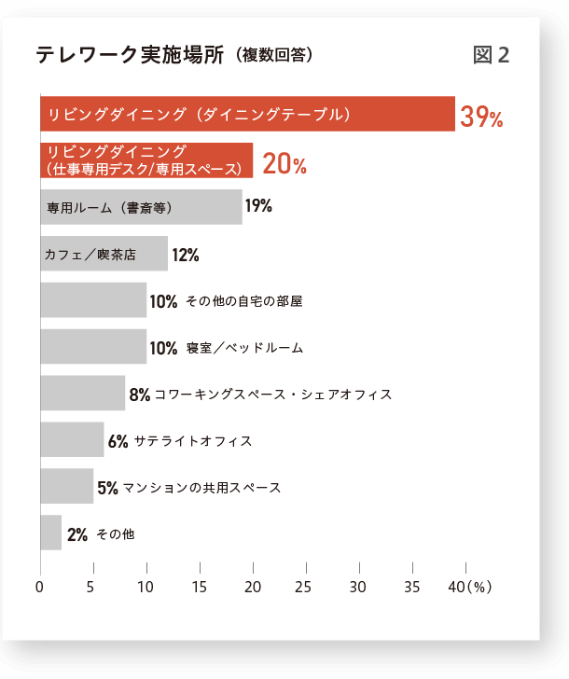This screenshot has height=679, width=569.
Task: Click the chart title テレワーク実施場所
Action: (x=130, y=55)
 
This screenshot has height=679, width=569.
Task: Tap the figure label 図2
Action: (x=492, y=55)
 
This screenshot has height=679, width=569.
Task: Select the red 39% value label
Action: (x=481, y=117)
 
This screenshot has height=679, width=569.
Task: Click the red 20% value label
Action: (x=284, y=164)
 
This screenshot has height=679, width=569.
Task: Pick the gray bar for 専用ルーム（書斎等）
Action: (x=141, y=207)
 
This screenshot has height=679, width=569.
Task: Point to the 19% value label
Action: (x=258, y=206)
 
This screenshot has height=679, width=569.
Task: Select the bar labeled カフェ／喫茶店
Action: (x=104, y=254)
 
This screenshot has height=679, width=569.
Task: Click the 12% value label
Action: (x=186, y=255)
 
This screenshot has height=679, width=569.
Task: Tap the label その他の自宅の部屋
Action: (x=244, y=301)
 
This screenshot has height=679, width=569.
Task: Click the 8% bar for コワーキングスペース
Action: (x=82, y=394)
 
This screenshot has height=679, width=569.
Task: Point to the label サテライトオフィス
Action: (x=193, y=441)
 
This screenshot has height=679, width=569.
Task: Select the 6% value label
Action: (x=118, y=441)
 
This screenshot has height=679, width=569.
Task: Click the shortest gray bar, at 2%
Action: (x=50, y=533)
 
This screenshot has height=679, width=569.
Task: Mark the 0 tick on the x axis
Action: (x=39, y=588)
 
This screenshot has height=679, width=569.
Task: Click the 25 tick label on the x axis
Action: (x=303, y=588)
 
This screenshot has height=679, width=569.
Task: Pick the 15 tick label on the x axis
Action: (x=199, y=588)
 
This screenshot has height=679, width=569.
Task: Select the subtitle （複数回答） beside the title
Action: (x=274, y=56)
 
